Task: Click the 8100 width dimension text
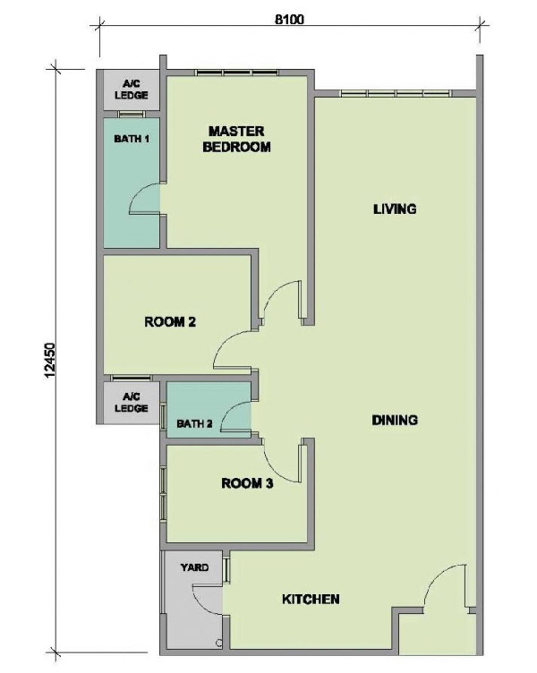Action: point(289,20)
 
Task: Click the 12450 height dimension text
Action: point(51,360)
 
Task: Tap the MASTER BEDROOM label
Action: point(236,139)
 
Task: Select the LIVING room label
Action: point(395,209)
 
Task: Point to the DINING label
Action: point(395,420)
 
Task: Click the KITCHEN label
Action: point(311,599)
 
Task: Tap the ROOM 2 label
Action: point(170,321)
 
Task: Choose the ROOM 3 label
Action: point(247,483)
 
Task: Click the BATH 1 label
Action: point(132,139)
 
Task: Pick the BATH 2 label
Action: point(194,424)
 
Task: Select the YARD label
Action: point(195,567)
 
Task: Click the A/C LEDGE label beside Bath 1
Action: point(132,89)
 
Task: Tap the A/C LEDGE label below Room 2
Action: point(132,402)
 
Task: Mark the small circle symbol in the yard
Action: point(219,643)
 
